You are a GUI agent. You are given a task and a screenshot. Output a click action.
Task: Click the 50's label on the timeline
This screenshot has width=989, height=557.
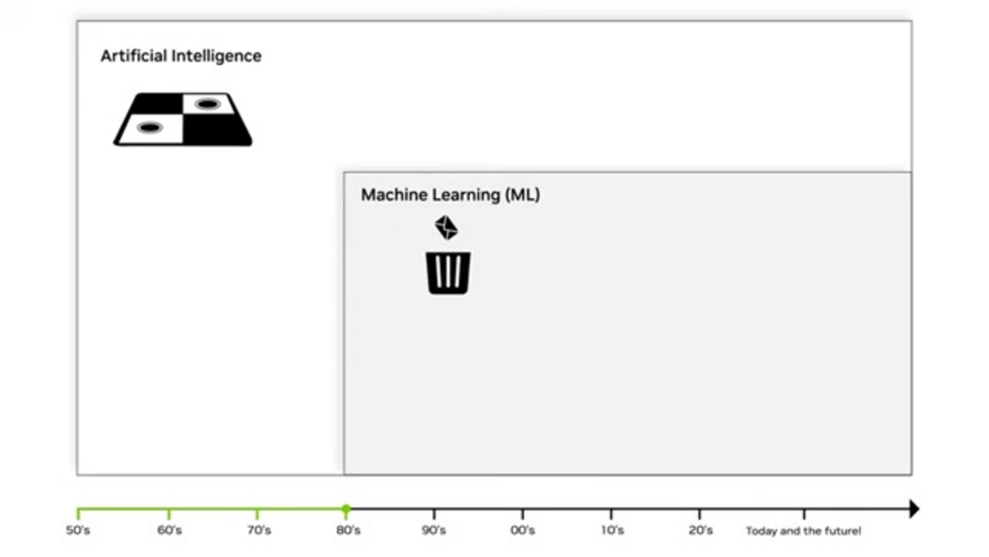click(x=78, y=530)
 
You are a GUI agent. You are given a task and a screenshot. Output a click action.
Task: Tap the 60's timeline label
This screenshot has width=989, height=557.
click(x=169, y=530)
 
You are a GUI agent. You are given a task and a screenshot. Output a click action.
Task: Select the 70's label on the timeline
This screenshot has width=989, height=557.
click(x=258, y=530)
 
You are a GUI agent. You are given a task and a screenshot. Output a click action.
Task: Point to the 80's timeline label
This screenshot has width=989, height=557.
click(x=347, y=530)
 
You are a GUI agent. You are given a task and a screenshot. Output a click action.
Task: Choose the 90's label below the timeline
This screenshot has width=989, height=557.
click(x=434, y=530)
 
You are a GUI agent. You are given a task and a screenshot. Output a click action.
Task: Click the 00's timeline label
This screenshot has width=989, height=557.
click(x=523, y=530)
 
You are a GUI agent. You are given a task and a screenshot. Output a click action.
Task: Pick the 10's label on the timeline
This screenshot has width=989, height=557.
click(x=612, y=530)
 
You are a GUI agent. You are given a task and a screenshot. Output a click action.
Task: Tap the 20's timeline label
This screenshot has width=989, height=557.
click(x=701, y=530)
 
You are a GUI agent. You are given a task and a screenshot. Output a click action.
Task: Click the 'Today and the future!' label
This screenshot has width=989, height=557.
click(x=803, y=530)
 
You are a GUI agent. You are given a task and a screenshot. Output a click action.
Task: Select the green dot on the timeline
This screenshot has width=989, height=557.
click(x=346, y=508)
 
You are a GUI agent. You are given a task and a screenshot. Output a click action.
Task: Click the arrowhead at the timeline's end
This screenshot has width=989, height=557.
click(x=913, y=508)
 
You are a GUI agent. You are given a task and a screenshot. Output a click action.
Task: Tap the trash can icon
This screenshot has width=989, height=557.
click(x=449, y=273)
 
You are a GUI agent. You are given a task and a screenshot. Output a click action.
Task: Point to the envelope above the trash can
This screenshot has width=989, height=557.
click(x=446, y=227)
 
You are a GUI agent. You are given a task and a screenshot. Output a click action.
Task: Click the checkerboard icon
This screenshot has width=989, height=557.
click(x=183, y=119)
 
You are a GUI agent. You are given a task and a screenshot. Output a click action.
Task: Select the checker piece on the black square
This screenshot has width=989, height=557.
click(x=207, y=104)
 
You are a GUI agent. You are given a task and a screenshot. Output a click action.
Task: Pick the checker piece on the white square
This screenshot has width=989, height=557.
click(x=149, y=127)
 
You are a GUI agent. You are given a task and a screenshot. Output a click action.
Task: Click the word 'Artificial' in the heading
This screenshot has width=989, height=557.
click(x=135, y=56)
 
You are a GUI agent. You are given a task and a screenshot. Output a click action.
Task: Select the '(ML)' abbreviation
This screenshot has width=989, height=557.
click(x=522, y=195)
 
